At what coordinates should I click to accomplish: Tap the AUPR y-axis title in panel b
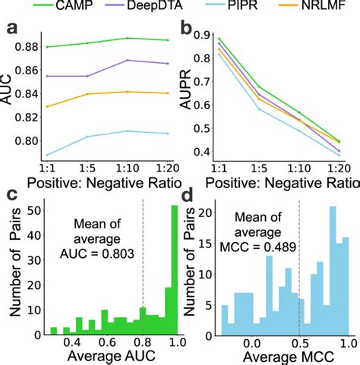[x=187, y=94]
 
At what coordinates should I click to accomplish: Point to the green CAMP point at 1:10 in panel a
[x=127, y=38]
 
